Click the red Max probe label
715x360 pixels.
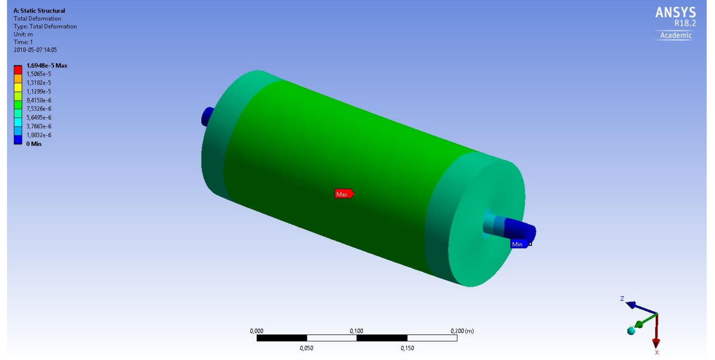[343, 194]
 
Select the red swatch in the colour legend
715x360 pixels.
[18, 70]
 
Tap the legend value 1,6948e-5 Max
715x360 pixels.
[47, 65]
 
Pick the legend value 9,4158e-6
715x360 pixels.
[39, 100]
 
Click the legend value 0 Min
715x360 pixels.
[34, 144]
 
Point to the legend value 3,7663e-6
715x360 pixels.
[39, 126]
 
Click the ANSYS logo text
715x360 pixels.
[675, 13]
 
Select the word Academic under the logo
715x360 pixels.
[676, 36]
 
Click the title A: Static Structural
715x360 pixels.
[39, 11]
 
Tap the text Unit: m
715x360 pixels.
[23, 34]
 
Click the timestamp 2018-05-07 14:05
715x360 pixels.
[35, 50]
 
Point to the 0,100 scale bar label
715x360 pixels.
[356, 331]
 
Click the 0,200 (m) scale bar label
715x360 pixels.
[462, 331]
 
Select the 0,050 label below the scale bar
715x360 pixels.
[306, 348]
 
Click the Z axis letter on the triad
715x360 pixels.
[622, 299]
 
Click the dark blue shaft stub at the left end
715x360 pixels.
[206, 116]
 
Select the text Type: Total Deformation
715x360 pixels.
[45, 26]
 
